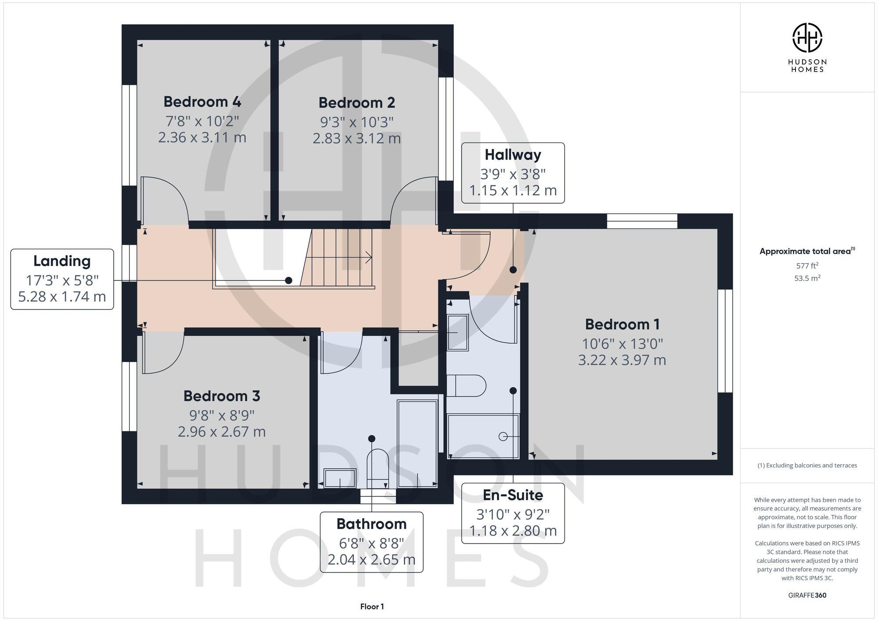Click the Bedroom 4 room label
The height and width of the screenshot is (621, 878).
[202, 102]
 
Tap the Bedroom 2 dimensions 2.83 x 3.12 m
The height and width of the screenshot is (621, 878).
[356, 139]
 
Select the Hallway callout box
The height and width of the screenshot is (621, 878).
[513, 173]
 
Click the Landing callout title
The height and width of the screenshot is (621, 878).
[62, 261]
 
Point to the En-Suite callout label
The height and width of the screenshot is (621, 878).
[513, 495]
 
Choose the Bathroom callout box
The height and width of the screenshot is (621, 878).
[371, 542]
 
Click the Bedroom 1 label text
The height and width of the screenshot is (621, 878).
[622, 325]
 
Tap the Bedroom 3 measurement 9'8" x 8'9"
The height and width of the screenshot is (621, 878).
[222, 415]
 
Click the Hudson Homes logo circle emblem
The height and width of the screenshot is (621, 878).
[807, 38]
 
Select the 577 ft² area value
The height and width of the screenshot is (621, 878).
[807, 266]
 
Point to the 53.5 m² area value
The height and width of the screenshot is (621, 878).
[807, 278]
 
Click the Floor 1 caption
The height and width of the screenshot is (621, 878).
[372, 607]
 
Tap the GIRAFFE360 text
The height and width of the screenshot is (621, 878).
[807, 596]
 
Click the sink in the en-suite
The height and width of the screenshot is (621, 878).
[457, 333]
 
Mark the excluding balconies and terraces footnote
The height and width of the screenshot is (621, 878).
[807, 466]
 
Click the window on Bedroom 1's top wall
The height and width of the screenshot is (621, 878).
[642, 221]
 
